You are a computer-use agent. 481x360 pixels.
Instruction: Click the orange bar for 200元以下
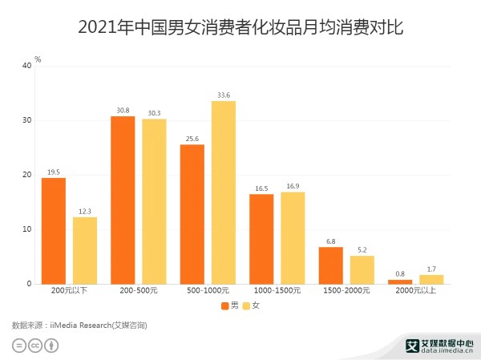(54, 231)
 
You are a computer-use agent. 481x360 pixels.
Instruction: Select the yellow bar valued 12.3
(85, 250)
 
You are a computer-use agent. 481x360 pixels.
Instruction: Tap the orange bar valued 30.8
(123, 200)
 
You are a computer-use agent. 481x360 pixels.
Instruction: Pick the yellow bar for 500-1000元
(224, 192)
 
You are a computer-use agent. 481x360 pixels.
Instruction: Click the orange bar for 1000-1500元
(261, 239)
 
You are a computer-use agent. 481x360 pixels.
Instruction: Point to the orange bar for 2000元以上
(399, 281)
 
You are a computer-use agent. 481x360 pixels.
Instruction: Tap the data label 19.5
(54, 172)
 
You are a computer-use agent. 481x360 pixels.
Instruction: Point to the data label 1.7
(431, 269)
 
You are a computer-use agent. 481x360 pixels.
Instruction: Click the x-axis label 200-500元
(138, 290)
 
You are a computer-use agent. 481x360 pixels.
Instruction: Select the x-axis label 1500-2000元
(346, 290)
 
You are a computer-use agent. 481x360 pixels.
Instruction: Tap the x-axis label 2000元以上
(414, 290)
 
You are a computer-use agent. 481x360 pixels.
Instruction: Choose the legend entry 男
(229, 305)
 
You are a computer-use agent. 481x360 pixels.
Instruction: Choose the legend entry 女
(251, 305)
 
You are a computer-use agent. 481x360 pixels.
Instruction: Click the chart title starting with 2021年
(240, 28)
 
